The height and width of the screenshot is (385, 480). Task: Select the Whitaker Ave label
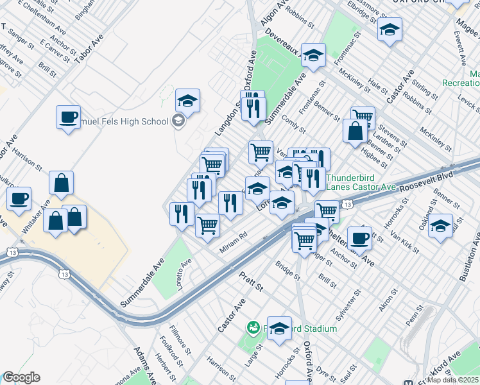pos(42,222)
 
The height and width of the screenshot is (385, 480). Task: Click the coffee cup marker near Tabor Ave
pos(68,117)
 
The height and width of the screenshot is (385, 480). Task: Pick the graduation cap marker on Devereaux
pos(313,56)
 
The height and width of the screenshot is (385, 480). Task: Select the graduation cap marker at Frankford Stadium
pos(279,329)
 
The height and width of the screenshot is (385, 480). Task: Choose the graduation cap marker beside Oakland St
pos(440,226)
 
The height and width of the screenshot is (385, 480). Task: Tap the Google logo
pos(21,377)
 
